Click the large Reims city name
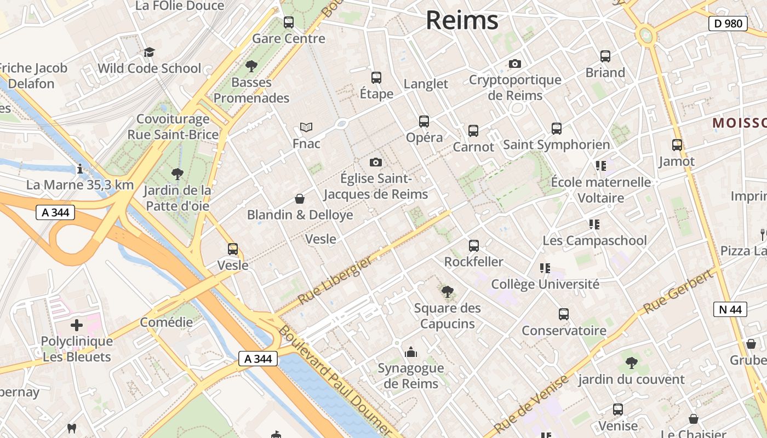tap(462, 21)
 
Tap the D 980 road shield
tap(728, 24)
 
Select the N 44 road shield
tap(730, 309)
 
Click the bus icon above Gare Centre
tap(288, 22)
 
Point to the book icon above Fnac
tap(306, 128)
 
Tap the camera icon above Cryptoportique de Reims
tap(514, 64)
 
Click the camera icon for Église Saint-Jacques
tap(375, 162)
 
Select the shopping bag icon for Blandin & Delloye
tap(300, 198)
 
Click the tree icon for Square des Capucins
tap(447, 292)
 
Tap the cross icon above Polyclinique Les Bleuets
tap(77, 325)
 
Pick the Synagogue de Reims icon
tap(410, 352)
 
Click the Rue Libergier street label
tap(335, 281)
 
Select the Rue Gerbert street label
tap(679, 291)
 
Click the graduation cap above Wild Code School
tap(149, 52)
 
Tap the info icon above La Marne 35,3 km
tap(80, 169)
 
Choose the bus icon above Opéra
tap(423, 122)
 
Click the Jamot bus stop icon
tap(677, 145)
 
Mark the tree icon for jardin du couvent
tap(631, 362)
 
